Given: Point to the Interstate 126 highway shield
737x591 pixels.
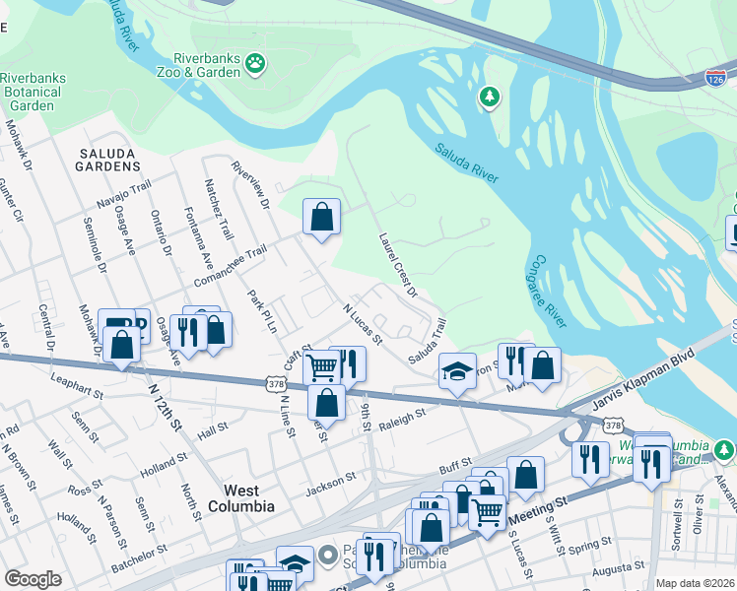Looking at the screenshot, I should coord(716,77).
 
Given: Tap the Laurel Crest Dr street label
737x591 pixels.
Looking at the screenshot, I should coord(399,265).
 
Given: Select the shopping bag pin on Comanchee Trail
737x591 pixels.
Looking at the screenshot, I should coord(321,217).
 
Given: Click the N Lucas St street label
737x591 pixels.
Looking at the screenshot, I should coord(363,323).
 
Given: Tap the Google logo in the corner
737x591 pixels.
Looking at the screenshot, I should coord(33,579).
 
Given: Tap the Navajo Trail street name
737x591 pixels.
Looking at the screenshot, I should coord(123,193).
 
